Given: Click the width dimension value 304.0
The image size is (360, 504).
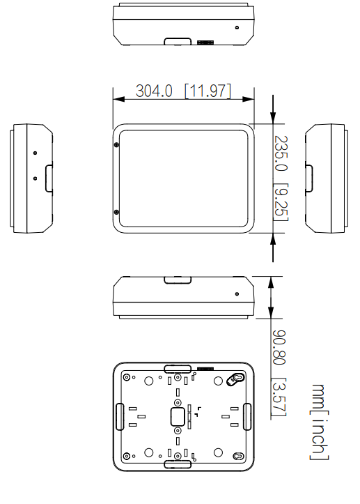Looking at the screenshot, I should pyautogui.click(x=154, y=91).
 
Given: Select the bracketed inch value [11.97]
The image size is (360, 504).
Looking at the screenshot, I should pyautogui.click(x=208, y=91).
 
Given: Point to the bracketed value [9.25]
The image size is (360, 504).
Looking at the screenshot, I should pyautogui.click(x=280, y=202).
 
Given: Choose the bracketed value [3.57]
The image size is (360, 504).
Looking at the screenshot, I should pyautogui.click(x=279, y=398).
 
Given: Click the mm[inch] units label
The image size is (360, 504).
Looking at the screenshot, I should pyautogui.click(x=320, y=421).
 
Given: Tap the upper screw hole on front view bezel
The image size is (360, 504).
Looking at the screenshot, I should pyautogui.click(x=116, y=144).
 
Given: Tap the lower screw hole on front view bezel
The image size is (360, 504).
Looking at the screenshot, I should pyautogui.click(x=116, y=211).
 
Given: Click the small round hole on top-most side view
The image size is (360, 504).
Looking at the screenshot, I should pyautogui.click(x=237, y=28).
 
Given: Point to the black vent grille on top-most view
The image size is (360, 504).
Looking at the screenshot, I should pyautogui.click(x=205, y=43).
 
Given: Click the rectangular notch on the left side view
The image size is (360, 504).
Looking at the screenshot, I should pyautogui.click(x=48, y=178).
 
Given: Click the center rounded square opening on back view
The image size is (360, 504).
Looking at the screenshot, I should pyautogui.click(x=178, y=416).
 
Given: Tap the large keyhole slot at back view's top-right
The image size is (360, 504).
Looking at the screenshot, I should pyautogui.click(x=236, y=379).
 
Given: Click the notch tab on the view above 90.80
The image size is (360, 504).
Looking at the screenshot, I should pyautogui.click(x=178, y=280).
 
